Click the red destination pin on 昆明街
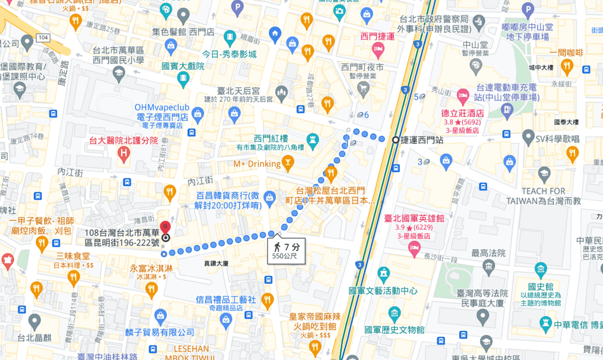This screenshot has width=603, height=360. [164, 228]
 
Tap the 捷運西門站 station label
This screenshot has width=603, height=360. [422, 140]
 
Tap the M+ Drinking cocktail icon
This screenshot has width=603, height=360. [288, 163]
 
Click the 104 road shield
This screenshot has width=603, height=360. [43, 38]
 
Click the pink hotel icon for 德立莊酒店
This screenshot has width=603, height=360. [462, 95]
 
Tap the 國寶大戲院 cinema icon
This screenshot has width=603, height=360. [183, 77]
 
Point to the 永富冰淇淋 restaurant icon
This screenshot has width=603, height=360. [151, 289]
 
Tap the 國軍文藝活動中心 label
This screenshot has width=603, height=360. [383, 291]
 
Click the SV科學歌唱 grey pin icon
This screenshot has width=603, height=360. [528, 136]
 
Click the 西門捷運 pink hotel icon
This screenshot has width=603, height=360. [377, 49]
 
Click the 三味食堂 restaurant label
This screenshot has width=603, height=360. [73, 255]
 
